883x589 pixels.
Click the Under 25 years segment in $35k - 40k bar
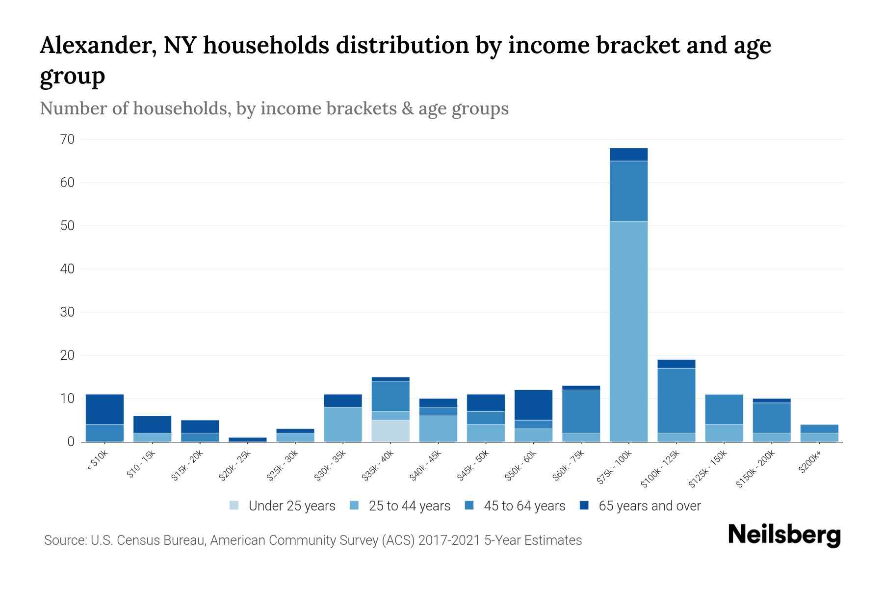tap(390, 430)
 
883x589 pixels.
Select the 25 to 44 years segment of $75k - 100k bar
tap(628, 331)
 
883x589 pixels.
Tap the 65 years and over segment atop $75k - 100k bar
tap(628, 154)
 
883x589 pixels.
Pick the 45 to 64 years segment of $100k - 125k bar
tap(676, 400)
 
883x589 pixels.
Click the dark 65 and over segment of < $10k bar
tap(104, 409)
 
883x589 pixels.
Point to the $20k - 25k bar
tap(248, 439)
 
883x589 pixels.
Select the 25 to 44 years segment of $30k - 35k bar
tap(343, 424)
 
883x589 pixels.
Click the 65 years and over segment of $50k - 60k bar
tap(533, 405)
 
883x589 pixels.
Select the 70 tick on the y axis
tap(68, 139)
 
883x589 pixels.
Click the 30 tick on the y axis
tap(68, 312)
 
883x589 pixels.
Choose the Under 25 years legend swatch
tap(234, 506)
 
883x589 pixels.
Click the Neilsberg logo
tap(784, 535)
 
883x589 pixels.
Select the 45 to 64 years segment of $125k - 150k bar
tap(724, 409)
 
